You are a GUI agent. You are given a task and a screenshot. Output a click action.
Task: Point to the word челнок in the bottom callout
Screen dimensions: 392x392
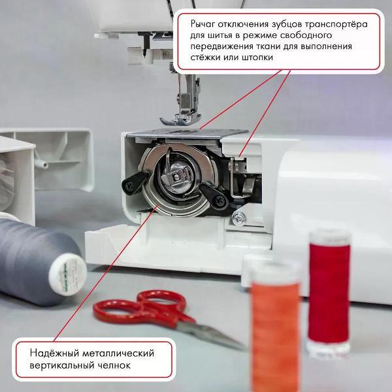pyautogui.click(x=112, y=365)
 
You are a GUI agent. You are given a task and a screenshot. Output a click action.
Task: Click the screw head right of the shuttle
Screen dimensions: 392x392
pyautogui.click(x=242, y=216)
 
